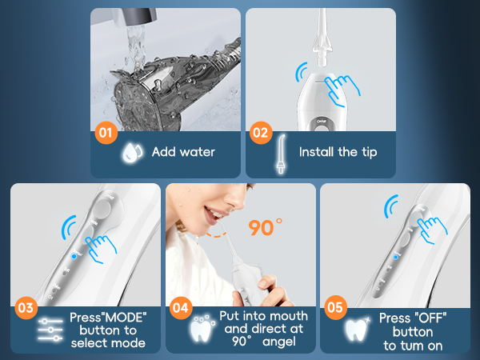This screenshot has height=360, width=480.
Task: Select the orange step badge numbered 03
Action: click(x=26, y=307)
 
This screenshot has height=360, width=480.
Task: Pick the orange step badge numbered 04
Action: click(x=182, y=307)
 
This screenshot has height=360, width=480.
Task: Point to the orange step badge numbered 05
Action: click(x=337, y=307)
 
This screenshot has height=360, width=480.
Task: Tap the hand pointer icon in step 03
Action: click(x=101, y=249)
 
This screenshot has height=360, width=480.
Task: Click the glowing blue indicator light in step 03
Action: click(x=73, y=256)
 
